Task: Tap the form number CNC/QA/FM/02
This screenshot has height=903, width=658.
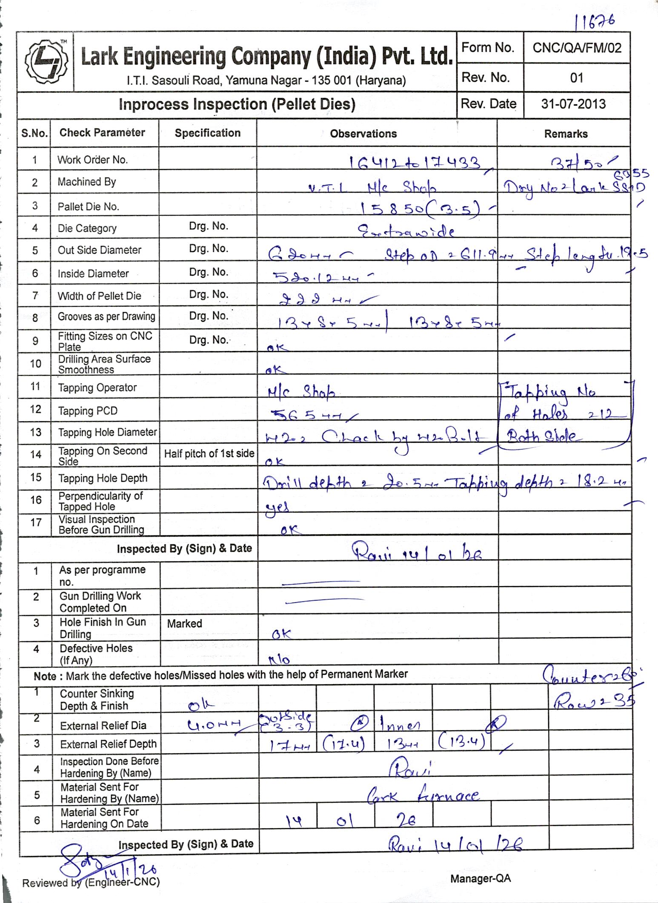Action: tap(577, 48)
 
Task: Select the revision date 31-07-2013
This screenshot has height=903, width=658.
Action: tap(573, 104)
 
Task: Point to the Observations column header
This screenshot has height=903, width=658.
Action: tap(363, 134)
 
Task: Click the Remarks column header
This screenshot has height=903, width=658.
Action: tap(566, 134)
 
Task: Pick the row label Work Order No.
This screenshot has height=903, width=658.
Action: tap(92, 160)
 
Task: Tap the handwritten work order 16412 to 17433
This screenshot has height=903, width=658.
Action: tap(415, 163)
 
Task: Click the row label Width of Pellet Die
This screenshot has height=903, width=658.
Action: tap(99, 296)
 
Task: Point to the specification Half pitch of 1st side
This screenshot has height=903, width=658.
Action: tap(209, 454)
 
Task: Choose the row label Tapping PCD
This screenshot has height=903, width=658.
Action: tap(88, 411)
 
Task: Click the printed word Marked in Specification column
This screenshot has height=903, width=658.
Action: tap(184, 624)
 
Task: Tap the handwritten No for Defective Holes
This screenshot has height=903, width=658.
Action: tap(279, 660)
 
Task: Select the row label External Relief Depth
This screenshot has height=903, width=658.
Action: tap(108, 744)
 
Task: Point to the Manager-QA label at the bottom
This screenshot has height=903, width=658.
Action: tap(481, 878)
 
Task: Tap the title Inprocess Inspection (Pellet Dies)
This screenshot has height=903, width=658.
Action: tap(237, 104)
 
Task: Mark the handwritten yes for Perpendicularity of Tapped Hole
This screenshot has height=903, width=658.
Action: tap(277, 507)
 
